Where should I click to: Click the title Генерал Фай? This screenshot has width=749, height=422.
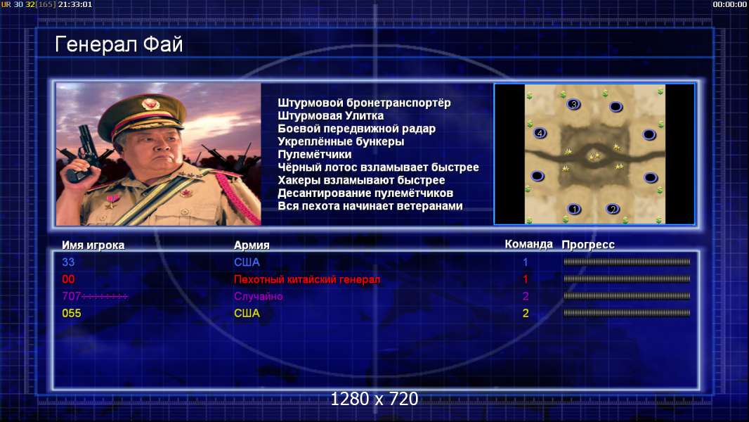(119, 44)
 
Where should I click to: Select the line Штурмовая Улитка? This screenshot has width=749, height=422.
(330, 115)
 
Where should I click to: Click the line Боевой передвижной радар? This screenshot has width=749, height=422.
(356, 129)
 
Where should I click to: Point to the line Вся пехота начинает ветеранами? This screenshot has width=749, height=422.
(370, 206)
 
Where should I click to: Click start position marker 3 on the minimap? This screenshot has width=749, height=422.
(573, 104)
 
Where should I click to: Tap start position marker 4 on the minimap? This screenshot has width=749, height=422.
(540, 134)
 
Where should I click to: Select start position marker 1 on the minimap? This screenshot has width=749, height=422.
(574, 209)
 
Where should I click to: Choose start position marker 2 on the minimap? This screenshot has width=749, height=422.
(613, 209)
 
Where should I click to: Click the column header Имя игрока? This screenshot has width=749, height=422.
(93, 245)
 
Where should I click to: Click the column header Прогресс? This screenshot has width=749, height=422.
(588, 245)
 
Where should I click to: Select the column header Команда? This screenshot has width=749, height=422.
(528, 244)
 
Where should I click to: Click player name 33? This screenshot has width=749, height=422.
(68, 262)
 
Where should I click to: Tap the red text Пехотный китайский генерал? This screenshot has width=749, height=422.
(307, 279)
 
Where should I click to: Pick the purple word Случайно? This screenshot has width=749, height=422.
(258, 296)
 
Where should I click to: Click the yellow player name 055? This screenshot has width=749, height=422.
(72, 314)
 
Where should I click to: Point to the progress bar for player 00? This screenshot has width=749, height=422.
(627, 279)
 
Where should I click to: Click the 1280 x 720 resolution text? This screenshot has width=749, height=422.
(374, 399)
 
